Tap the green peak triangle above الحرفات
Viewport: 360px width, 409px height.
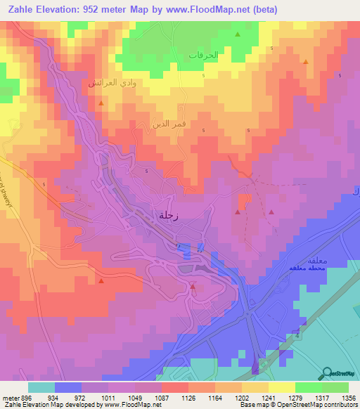[238, 34]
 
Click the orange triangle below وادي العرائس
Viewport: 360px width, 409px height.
[101, 103]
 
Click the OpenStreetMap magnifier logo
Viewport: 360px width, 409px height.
[328, 373]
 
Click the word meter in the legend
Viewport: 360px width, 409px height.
[8, 396]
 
